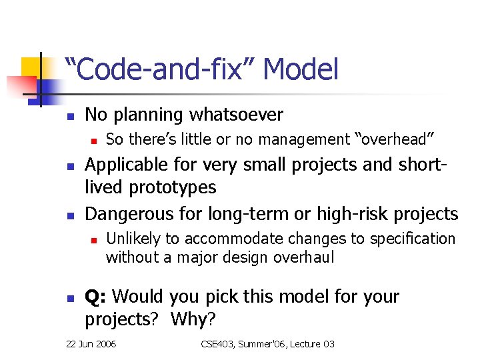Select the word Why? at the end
tap(193, 319)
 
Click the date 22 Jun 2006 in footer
tap(91, 345)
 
